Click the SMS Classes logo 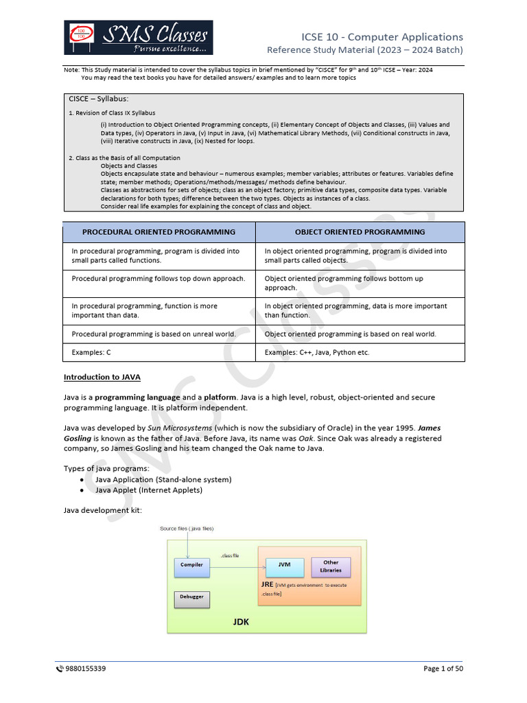point(138,38)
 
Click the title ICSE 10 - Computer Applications point(382,37)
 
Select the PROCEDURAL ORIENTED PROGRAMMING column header point(159,232)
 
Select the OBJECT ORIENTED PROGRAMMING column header point(360,232)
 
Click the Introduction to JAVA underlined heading point(102,377)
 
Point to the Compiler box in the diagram point(191,565)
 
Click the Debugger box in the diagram point(191,597)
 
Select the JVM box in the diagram point(284,565)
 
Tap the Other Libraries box point(331,566)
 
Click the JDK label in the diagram point(240,622)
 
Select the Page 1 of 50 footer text point(443,669)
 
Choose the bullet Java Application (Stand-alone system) point(163,479)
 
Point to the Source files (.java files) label point(187,529)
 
